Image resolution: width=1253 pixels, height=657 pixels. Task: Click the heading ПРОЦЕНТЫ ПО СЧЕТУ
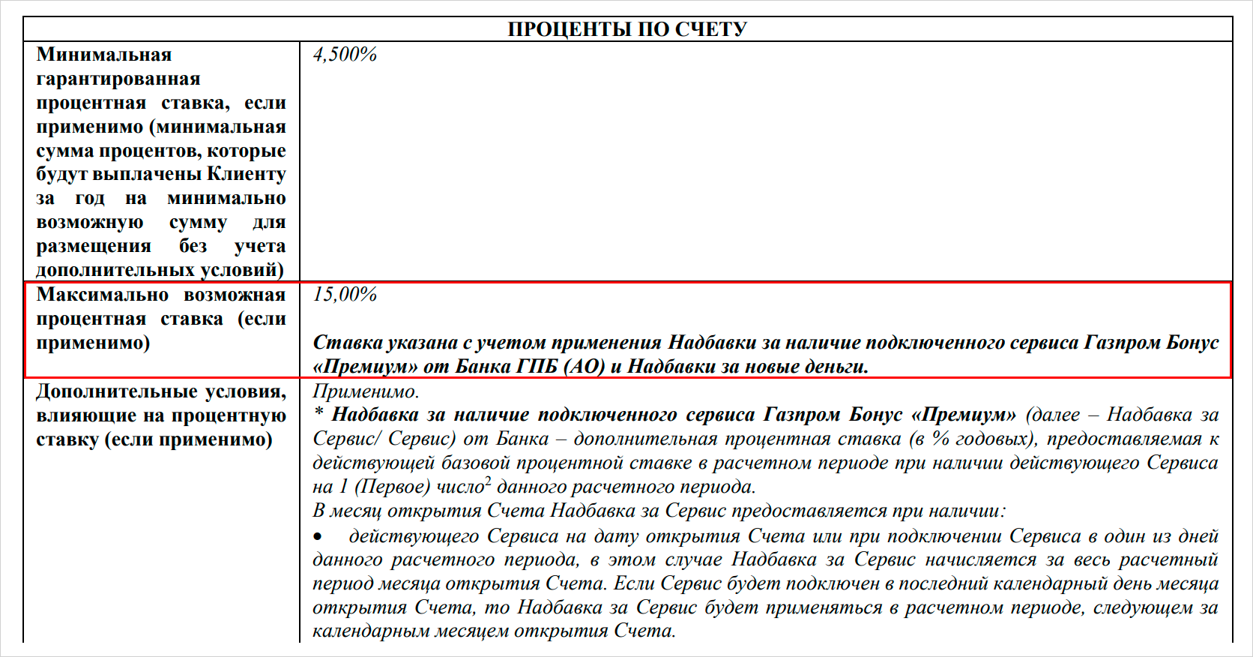(x=627, y=29)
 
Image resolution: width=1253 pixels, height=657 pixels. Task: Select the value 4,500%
(x=345, y=55)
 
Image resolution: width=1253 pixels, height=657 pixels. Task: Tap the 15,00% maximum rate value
(x=345, y=295)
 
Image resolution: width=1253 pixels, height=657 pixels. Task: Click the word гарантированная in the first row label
(x=118, y=79)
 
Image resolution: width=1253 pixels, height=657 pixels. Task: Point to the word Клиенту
(x=247, y=174)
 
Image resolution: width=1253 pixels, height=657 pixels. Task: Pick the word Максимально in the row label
(x=103, y=295)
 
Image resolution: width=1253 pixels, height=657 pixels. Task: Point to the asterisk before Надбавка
(x=319, y=413)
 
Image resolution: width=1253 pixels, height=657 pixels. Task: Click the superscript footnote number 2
(x=488, y=481)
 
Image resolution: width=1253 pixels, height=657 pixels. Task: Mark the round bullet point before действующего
(x=318, y=537)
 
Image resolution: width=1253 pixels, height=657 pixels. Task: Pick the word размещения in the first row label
(x=94, y=246)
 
